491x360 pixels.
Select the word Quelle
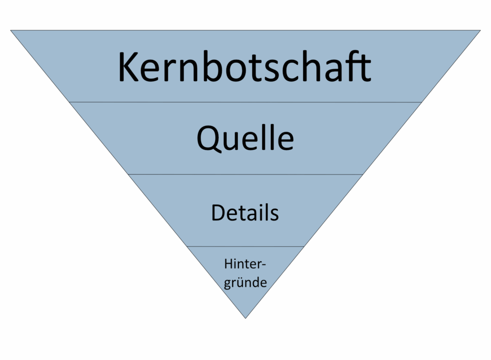pyautogui.click(x=245, y=138)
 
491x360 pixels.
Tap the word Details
pyautogui.click(x=245, y=213)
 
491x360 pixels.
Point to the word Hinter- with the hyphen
pyautogui.click(x=245, y=264)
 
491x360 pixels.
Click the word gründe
pyautogui.click(x=245, y=283)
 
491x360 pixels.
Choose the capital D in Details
pyautogui.click(x=219, y=213)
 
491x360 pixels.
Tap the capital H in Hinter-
pyautogui.click(x=229, y=264)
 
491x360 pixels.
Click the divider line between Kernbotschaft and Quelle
pyautogui.click(x=245, y=102)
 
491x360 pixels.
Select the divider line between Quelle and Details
pyautogui.click(x=245, y=174)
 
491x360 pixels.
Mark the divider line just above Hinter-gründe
pyautogui.click(x=245, y=246)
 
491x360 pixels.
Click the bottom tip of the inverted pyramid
pyautogui.click(x=245, y=318)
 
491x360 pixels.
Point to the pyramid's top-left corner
pyautogui.click(x=11, y=30)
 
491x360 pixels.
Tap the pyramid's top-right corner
pyautogui.click(x=480, y=30)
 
